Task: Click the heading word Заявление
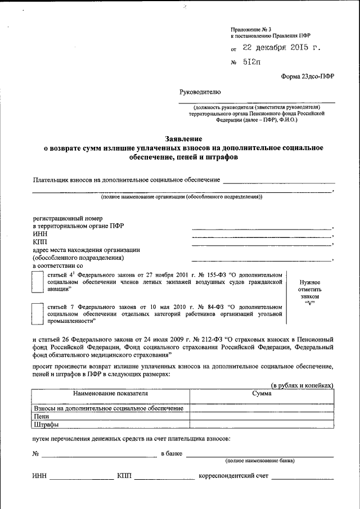(x=183, y=138)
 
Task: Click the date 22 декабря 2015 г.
(x=282, y=48)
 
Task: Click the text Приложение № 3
(x=251, y=28)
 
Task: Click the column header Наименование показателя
(x=110, y=394)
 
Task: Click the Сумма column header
(x=262, y=394)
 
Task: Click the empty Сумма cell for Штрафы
(x=262, y=425)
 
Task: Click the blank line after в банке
(x=259, y=454)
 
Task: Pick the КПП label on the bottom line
(x=124, y=476)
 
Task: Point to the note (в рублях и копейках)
(x=302, y=385)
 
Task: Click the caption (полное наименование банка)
(x=259, y=461)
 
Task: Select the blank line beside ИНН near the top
(x=262, y=236)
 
